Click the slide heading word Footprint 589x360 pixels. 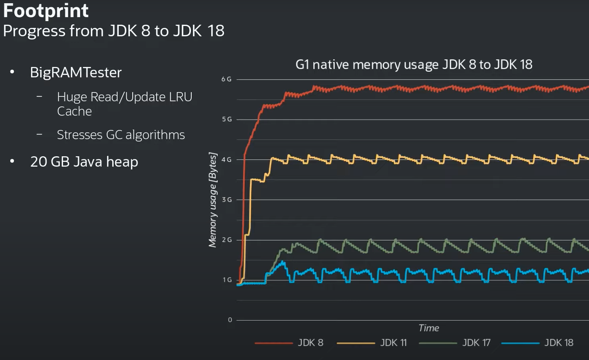[45, 11]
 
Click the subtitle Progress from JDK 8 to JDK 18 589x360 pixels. [114, 31]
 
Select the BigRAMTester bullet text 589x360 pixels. [76, 73]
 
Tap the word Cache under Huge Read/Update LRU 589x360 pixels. [75, 111]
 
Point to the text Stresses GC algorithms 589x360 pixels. [121, 135]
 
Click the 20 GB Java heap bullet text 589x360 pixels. [84, 162]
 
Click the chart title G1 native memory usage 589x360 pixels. [414, 65]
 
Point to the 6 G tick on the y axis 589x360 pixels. [226, 79]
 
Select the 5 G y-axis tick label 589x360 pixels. [227, 119]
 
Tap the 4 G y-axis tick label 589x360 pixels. [226, 159]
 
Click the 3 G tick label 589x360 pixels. [227, 200]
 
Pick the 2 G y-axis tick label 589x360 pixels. [227, 240]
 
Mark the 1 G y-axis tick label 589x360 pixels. [227, 280]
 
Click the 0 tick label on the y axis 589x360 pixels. [230, 320]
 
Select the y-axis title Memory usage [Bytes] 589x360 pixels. [213, 200]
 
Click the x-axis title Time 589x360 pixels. [429, 328]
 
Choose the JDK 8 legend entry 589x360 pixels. [310, 343]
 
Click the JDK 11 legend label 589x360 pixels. [393, 343]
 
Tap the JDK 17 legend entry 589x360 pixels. [476, 343]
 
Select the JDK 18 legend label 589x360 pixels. [559, 343]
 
